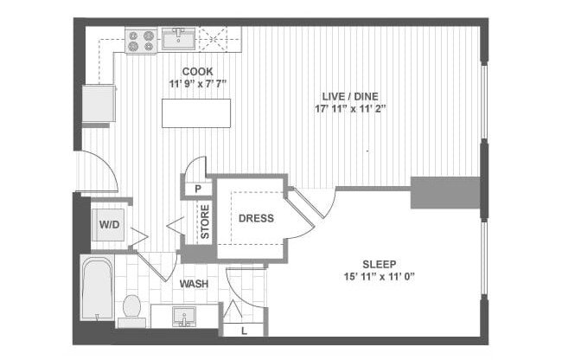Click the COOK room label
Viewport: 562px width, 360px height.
pos(196,73)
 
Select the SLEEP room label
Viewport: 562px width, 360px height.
pos(378,265)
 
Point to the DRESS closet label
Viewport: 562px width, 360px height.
pos(256,219)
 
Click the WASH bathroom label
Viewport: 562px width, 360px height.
pos(193,284)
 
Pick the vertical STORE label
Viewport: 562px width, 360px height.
pos(205,222)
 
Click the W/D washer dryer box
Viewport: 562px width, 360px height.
pos(110,226)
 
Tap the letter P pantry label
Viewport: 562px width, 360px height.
pos(198,189)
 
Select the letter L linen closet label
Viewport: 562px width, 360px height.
pos(246,330)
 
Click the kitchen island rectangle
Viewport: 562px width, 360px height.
pos(196,113)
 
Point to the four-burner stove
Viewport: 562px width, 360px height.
pos(141,40)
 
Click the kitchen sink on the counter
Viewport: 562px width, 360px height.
pos(180,38)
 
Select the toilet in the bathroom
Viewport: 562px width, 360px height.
pos(131,308)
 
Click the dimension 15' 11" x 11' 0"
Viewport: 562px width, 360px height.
pos(378,278)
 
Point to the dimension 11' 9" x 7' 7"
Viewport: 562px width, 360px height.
pos(196,85)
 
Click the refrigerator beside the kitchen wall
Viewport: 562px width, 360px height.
pos(99,104)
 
